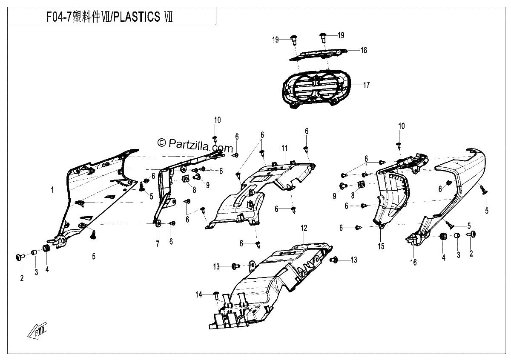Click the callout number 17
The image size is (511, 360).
tap(366, 85)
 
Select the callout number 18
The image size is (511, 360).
tap(364, 50)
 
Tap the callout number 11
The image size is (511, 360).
tap(284, 149)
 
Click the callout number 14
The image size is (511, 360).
tap(199, 295)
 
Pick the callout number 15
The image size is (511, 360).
tap(381, 246)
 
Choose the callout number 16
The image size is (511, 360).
tap(413, 263)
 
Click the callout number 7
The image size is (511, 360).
tap(158, 244)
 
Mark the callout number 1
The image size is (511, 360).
tap(52, 190)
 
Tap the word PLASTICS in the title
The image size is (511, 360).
tap(136, 17)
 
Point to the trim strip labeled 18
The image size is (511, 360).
tap(319, 54)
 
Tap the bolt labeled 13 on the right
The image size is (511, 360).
tap(334, 260)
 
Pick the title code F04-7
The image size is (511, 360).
tap(59, 17)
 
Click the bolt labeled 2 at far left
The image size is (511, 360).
tap(19, 257)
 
